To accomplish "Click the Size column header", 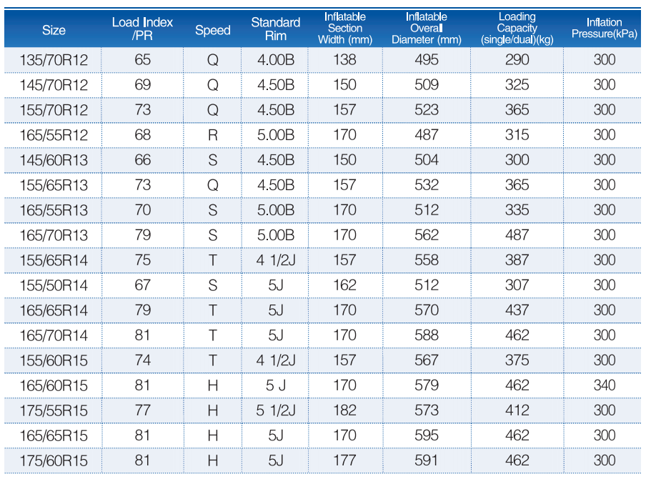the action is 54,30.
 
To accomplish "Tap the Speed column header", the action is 212,30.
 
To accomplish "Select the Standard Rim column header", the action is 276,29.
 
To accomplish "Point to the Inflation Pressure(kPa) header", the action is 604,28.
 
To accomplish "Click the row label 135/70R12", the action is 54,60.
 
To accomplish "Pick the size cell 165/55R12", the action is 54,135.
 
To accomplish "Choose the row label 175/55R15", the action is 54,410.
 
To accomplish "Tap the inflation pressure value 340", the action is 604,385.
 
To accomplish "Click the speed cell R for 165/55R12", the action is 212,135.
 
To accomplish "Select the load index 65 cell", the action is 142,59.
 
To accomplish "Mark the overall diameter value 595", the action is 427,435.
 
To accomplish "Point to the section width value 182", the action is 344,410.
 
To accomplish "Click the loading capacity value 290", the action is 517,59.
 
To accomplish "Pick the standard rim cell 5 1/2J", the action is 276,410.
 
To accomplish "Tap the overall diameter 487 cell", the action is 427,135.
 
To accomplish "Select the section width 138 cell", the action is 344,59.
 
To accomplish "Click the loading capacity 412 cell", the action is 517,410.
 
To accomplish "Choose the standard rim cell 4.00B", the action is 276,59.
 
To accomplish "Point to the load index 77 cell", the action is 142,410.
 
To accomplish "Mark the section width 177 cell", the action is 344,460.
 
